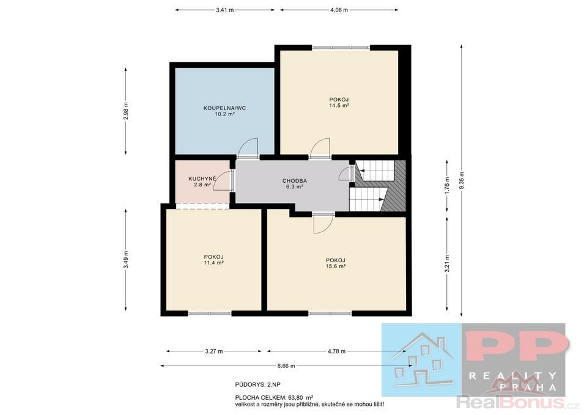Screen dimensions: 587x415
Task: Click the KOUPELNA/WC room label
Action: coord(224,108)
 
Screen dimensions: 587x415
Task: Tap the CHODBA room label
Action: coord(295,181)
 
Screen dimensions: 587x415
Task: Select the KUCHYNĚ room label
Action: coord(202,178)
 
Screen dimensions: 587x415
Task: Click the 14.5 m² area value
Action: coord(339,106)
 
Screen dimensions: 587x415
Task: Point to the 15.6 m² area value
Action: coord(336,266)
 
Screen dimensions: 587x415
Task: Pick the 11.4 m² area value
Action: coord(214,263)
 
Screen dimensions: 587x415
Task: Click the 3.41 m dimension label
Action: coord(224,10)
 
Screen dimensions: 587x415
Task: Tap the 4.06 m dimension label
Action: coord(339,10)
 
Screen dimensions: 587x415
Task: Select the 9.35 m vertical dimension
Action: coord(462,180)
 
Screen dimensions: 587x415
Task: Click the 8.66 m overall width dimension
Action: coord(286,365)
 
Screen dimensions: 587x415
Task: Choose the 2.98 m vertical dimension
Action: coord(126,111)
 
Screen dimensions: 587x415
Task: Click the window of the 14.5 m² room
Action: coord(341,48)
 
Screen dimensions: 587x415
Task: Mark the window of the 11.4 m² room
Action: coord(210,313)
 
